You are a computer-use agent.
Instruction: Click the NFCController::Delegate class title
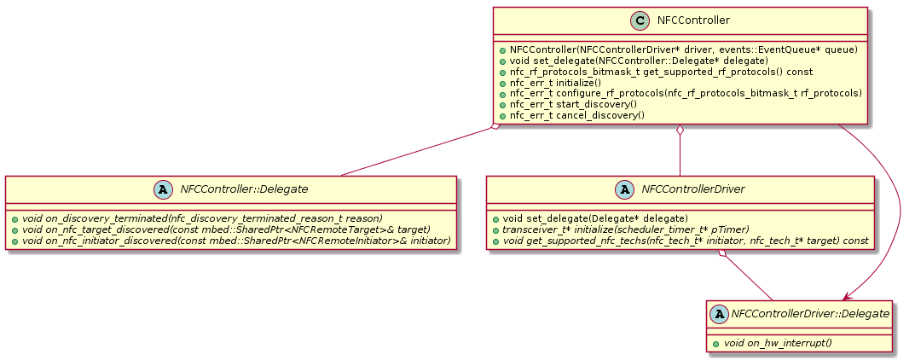245,189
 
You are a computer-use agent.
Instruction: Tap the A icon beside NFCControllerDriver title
625,189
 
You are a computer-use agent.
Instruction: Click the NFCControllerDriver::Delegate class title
810,314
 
